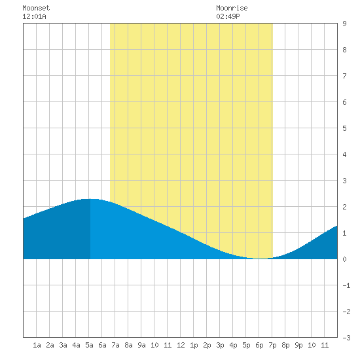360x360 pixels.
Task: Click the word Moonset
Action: point(36,8)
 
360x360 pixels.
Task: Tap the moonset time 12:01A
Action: point(34,16)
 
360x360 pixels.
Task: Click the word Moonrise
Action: point(232,8)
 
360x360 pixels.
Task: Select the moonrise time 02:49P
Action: point(228,16)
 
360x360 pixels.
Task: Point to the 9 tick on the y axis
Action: point(344,24)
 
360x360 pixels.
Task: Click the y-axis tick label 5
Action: point(344,128)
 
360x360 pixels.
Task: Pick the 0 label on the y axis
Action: point(344,259)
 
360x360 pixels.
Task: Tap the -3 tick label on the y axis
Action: point(346,338)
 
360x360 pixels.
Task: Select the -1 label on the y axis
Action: point(346,285)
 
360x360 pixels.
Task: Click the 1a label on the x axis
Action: point(37,345)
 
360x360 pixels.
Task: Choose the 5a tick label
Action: point(89,345)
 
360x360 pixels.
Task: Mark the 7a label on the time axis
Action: point(115,345)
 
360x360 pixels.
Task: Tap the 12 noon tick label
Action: point(181,345)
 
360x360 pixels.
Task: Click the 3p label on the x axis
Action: point(220,345)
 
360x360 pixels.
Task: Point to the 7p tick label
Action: point(272,345)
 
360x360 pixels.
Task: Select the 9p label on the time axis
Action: point(298,345)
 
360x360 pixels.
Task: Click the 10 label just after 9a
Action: point(154,345)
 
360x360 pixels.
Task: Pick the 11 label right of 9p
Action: point(325,345)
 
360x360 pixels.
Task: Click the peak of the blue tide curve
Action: point(90,199)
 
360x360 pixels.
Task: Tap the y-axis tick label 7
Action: point(344,76)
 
